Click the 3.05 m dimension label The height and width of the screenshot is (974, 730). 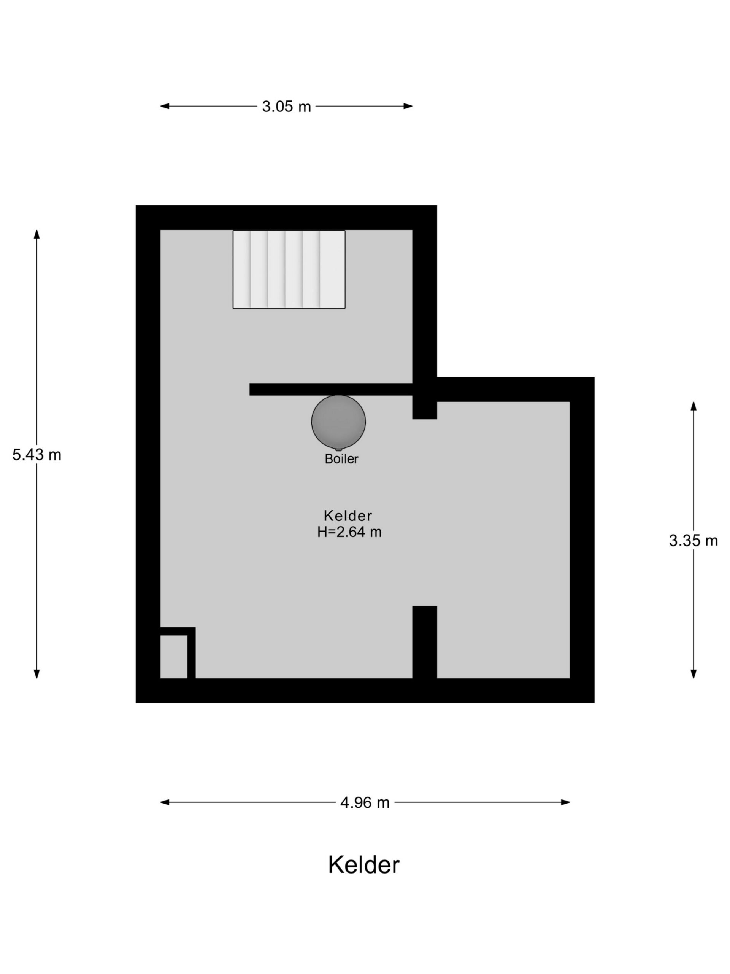pos(286,106)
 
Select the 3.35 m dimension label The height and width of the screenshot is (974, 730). pos(693,540)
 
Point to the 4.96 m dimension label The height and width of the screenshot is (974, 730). pos(365,802)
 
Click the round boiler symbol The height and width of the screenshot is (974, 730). pos(338,422)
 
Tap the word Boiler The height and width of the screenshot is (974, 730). pos(341,459)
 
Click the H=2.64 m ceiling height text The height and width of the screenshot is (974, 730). pos(349,532)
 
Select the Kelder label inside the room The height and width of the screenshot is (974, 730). pos(348,516)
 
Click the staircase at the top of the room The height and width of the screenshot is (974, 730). pos(289,269)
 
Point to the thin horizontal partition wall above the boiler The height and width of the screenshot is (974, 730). pos(331,389)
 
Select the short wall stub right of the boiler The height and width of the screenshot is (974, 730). pos(425,407)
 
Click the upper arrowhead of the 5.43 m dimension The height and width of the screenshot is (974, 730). pos(37,234)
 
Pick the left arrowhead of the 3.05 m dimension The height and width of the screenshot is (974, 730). pos(165,106)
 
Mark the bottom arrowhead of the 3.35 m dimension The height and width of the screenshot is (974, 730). pos(693,674)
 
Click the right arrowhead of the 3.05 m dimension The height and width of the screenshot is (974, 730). pos(408,106)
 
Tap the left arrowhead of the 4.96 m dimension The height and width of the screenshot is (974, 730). pos(165,802)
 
